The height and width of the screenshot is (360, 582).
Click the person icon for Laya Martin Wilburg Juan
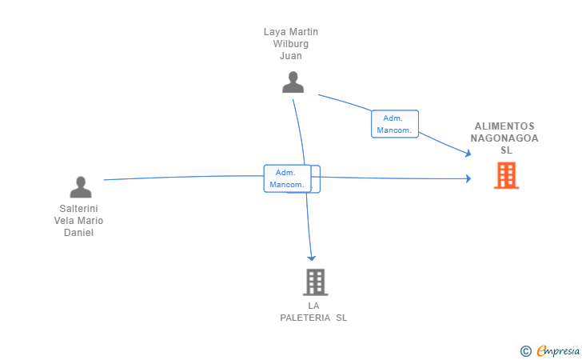coord(293,82)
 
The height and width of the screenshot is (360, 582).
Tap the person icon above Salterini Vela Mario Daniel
coord(81,187)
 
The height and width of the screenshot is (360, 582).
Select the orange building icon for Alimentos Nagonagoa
coord(506,175)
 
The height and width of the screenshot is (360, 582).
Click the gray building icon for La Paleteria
coord(315,282)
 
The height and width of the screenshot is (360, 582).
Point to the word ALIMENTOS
coord(504,126)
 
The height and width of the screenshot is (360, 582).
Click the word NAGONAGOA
coord(504,138)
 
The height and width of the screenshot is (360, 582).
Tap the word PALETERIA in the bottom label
coord(305,318)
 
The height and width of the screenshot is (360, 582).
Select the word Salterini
coord(78,209)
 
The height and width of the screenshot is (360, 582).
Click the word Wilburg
coord(291,44)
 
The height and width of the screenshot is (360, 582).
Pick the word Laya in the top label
coord(272,32)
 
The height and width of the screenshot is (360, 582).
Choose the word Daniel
coord(78,233)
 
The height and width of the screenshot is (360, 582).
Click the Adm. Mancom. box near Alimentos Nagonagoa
coord(395,124)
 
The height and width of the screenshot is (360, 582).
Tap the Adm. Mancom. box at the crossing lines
coord(287,178)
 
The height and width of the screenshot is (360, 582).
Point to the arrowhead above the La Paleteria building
coord(312,258)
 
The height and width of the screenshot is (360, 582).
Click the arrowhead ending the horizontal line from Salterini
coord(468,178)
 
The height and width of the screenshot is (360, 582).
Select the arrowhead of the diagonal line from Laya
coord(468,153)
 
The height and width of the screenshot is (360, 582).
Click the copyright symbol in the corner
coord(525,351)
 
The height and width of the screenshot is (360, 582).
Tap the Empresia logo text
coord(558,351)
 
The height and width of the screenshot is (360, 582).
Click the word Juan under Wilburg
coord(291,56)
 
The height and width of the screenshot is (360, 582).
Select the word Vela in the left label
coord(64,221)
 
